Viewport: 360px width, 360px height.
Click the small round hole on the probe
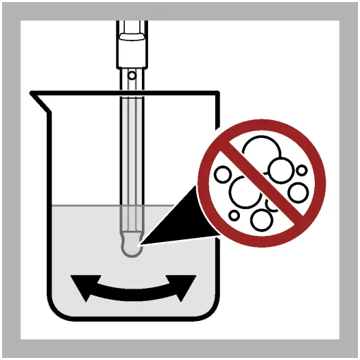[131, 74]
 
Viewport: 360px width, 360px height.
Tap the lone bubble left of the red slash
[223, 175]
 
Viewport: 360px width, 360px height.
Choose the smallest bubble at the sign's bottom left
[235, 215]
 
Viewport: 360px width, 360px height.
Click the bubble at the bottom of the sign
[261, 219]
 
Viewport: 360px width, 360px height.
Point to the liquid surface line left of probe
[82, 206]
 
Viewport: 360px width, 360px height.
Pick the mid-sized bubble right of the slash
[298, 193]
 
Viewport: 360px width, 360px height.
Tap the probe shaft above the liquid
[131, 144]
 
